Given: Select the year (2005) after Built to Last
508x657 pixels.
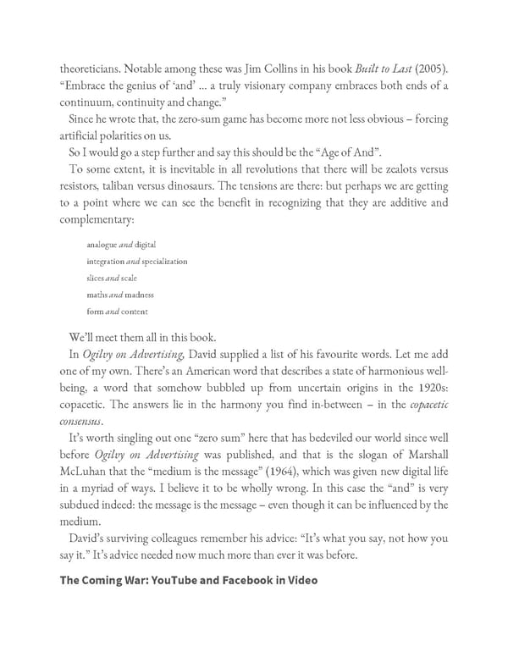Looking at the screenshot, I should point(430,69).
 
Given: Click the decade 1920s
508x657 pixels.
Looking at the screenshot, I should point(432,386).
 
